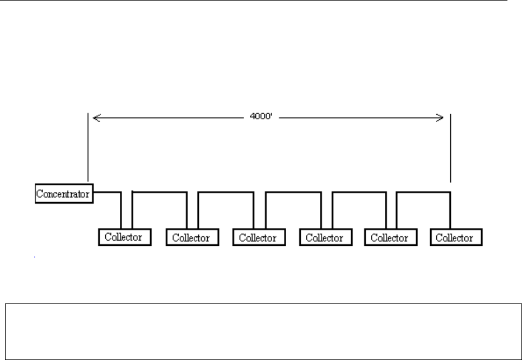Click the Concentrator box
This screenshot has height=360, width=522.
tap(63, 194)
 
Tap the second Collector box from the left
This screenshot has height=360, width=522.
tap(191, 237)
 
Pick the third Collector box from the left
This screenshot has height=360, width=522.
tap(258, 237)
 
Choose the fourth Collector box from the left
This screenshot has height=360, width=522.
tap(324, 237)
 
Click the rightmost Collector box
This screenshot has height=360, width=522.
tap(455, 237)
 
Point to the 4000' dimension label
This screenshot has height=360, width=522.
tap(262, 118)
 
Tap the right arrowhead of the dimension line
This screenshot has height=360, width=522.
tap(440, 118)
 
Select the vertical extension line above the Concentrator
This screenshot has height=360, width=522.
tap(88, 148)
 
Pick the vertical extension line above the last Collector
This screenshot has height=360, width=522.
tap(451, 148)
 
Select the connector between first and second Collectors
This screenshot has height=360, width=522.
tap(159, 193)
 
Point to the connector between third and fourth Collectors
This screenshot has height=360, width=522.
tap(292, 193)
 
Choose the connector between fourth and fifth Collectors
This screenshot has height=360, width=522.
tap(359, 193)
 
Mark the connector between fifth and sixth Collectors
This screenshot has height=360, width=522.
tap(424, 193)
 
